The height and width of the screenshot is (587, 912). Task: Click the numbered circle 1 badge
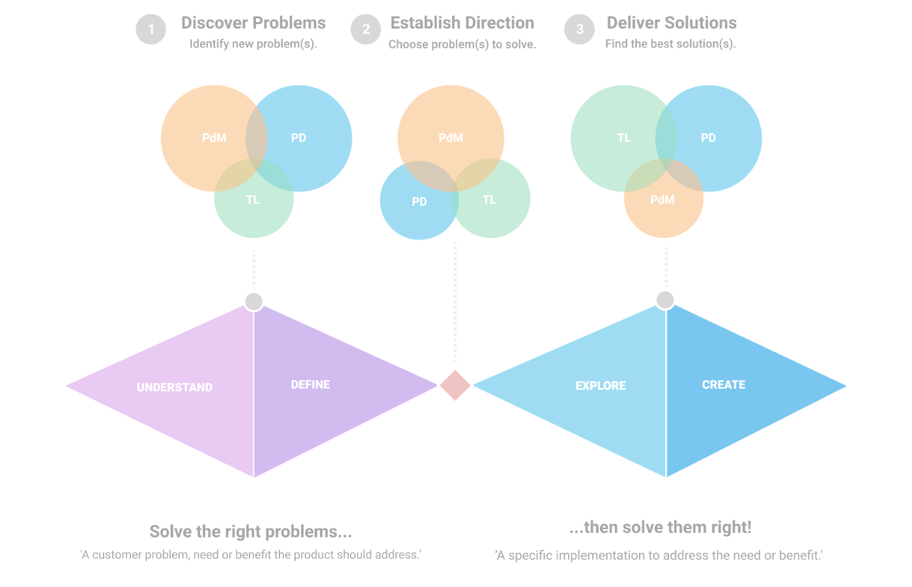[x=151, y=29]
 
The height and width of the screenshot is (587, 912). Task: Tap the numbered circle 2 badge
[x=365, y=29]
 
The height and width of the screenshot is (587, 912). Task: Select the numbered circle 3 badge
[x=579, y=29]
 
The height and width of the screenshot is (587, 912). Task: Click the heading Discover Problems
[x=253, y=23]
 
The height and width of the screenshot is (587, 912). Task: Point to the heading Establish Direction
[x=462, y=23]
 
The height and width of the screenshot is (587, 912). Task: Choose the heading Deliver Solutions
[x=672, y=23]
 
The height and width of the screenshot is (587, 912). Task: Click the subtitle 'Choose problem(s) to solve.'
[x=462, y=44]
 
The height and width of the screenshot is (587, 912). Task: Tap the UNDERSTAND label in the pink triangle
[x=175, y=387]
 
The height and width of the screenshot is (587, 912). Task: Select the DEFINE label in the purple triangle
[x=310, y=384]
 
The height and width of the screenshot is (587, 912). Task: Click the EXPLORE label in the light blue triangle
[x=601, y=385]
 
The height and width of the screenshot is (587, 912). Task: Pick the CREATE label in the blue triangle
[x=724, y=384]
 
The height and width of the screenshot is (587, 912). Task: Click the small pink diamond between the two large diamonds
[x=455, y=385]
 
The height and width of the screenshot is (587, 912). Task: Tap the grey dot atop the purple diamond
[x=253, y=301]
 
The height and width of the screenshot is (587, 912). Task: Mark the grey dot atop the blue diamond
[x=665, y=300]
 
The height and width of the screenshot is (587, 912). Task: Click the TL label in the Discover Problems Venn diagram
[x=253, y=200]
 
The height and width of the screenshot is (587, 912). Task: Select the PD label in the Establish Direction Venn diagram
[x=420, y=202]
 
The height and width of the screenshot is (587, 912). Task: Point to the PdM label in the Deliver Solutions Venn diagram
[x=663, y=200]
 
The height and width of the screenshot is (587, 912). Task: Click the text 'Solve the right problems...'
[x=251, y=532]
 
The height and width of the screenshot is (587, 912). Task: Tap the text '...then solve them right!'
[x=661, y=527]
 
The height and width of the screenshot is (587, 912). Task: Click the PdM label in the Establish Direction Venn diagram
[x=451, y=138]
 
